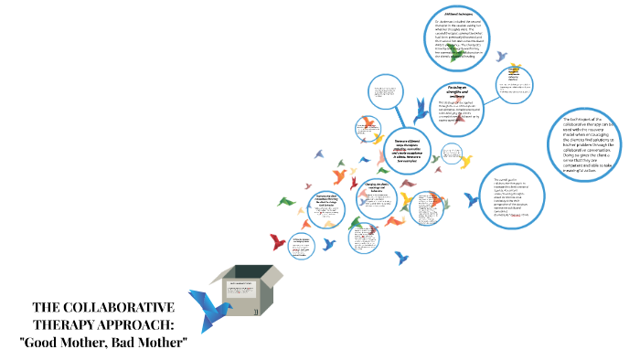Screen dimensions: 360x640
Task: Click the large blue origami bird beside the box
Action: [208, 308]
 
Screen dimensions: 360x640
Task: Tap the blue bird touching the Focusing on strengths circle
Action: [421, 111]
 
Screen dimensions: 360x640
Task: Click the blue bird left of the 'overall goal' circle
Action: [473, 199]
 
